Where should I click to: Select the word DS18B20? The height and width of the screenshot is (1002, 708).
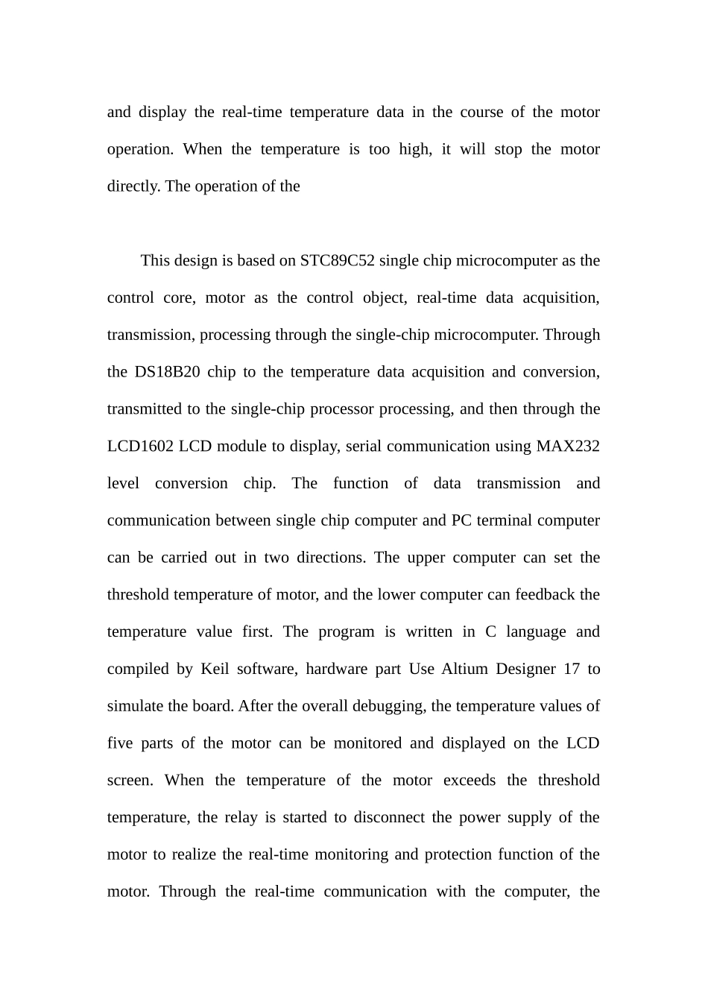[x=167, y=372]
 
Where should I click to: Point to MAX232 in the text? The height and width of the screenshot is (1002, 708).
[x=568, y=447]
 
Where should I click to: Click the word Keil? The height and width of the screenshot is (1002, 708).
[x=215, y=669]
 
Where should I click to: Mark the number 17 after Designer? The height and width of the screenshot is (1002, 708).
[x=572, y=669]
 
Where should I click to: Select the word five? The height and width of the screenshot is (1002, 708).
[x=120, y=743]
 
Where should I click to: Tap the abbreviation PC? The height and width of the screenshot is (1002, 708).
[x=461, y=520]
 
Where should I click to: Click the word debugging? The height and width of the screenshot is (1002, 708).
[x=388, y=706]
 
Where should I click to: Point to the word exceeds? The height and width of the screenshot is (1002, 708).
[x=470, y=781]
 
